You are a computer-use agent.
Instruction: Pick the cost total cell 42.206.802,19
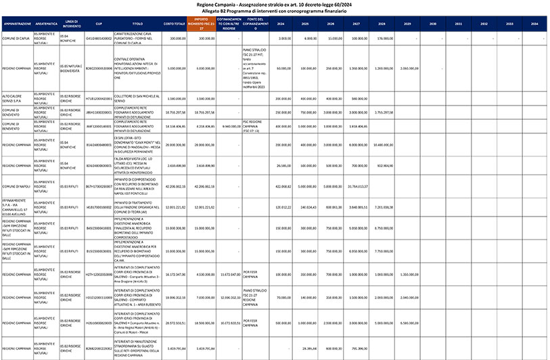point(175,185)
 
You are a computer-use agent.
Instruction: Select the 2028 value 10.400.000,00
point(383,145)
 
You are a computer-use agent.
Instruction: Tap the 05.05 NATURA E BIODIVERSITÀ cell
point(69,68)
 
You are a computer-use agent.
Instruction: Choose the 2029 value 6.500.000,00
point(407,323)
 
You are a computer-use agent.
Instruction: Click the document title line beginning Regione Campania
point(274,4)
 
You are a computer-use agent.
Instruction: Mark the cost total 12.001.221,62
point(175,207)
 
